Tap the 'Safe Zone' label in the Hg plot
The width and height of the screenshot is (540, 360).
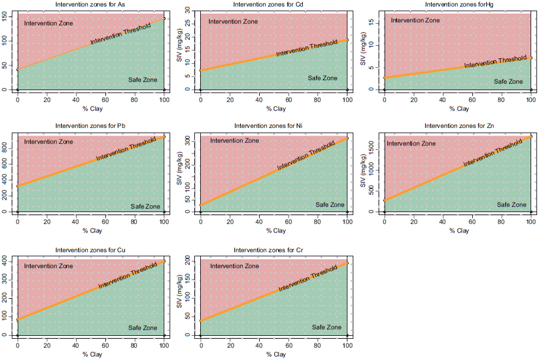tap(508, 81)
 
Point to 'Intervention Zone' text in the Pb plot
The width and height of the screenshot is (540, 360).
tap(48, 142)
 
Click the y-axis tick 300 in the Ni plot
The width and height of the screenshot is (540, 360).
tap(188, 141)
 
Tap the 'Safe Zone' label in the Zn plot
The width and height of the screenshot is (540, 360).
tap(512, 204)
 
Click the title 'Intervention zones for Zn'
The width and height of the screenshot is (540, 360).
tap(457, 126)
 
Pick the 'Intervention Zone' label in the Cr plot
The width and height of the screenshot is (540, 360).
tap(234, 266)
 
